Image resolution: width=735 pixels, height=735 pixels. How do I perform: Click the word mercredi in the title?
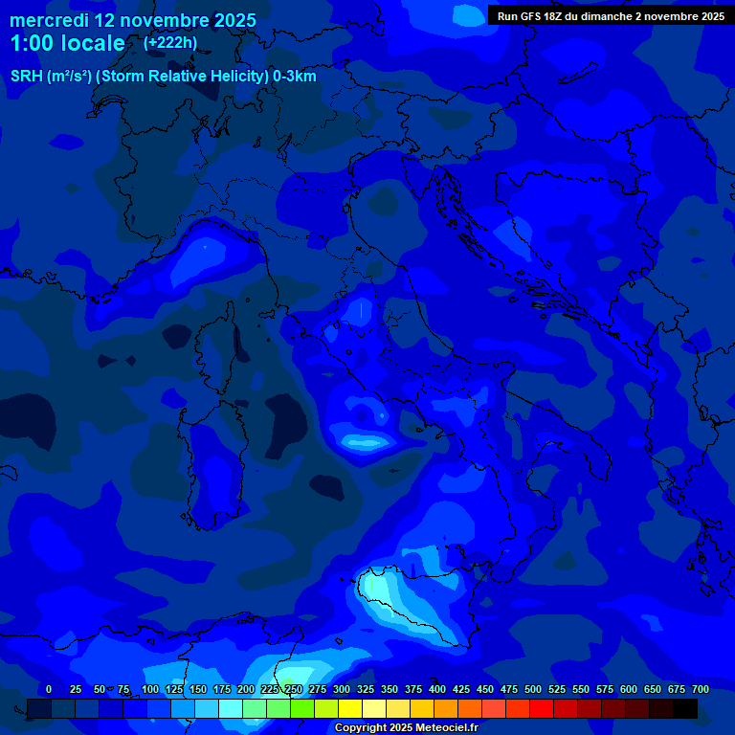(49, 20)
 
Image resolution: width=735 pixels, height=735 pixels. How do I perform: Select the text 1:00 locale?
(67, 43)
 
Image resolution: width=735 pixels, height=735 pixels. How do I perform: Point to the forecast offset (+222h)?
(170, 42)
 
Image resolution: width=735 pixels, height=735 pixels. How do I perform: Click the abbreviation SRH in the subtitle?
(27, 77)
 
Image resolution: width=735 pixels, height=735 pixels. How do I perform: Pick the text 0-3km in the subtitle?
(294, 77)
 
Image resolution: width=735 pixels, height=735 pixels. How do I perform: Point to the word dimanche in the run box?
(607, 16)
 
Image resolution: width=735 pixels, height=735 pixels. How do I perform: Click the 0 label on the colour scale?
(49, 690)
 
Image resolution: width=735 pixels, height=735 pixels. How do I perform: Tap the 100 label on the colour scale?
(150, 690)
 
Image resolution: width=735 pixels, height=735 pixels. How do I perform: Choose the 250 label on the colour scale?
(294, 690)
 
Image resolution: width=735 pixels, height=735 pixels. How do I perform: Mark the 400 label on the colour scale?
(437, 690)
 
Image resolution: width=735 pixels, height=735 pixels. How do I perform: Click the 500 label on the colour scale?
(533, 690)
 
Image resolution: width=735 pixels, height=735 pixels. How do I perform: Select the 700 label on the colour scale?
(701, 690)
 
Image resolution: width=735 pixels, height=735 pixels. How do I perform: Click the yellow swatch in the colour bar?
(350, 708)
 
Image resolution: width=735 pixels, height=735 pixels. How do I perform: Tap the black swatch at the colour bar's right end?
(685, 708)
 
